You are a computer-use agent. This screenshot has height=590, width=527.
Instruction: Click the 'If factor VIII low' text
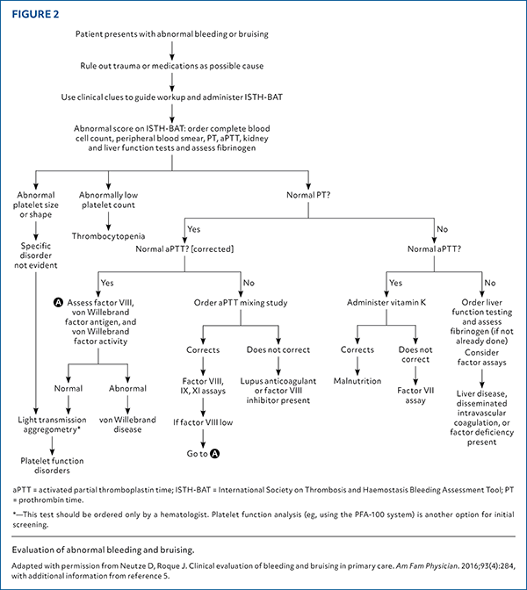click(x=204, y=423)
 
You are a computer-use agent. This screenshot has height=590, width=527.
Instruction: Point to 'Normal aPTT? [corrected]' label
click(x=183, y=248)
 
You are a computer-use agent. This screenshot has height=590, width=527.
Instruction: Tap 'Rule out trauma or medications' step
click(x=184, y=65)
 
